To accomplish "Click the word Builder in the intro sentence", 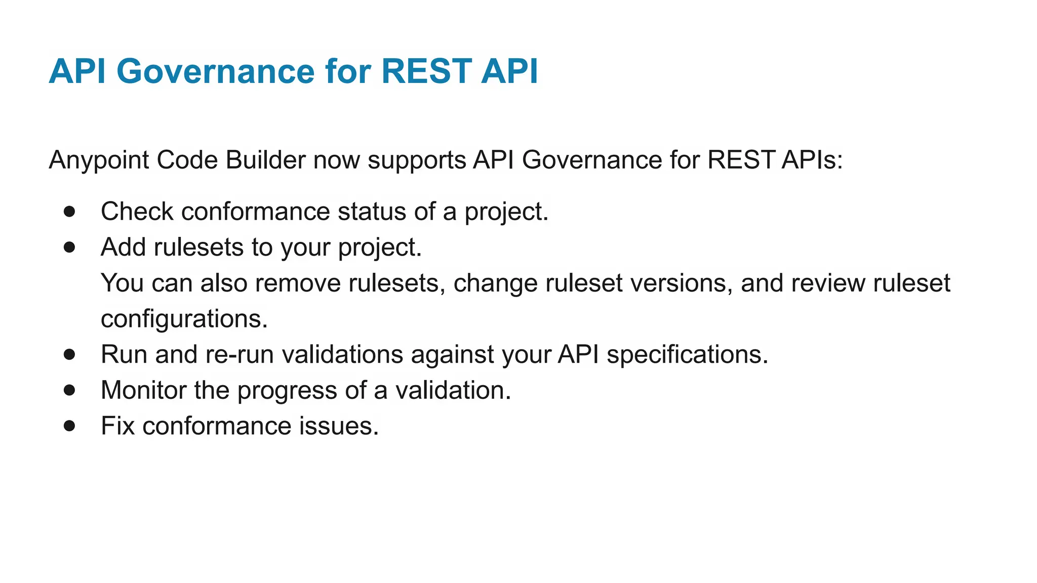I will [x=265, y=160].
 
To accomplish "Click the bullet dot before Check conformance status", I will [x=70, y=212].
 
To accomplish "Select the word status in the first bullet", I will [x=372, y=212].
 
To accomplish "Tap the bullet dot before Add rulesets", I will [x=70, y=247].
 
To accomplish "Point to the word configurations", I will [x=184, y=319].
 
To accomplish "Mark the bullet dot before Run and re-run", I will [x=70, y=355].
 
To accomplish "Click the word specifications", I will [x=687, y=355].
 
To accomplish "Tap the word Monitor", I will [x=143, y=390].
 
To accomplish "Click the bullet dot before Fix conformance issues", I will [x=70, y=426].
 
